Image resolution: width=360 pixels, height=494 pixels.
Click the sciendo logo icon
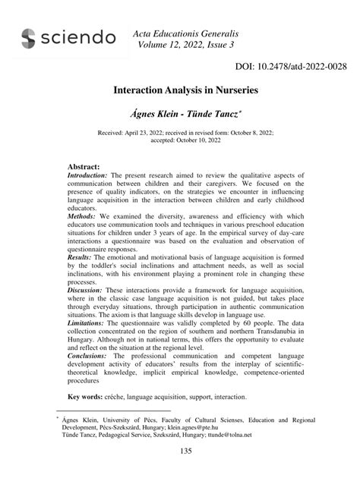[29, 39]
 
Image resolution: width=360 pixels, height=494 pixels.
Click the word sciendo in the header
[79, 39]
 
